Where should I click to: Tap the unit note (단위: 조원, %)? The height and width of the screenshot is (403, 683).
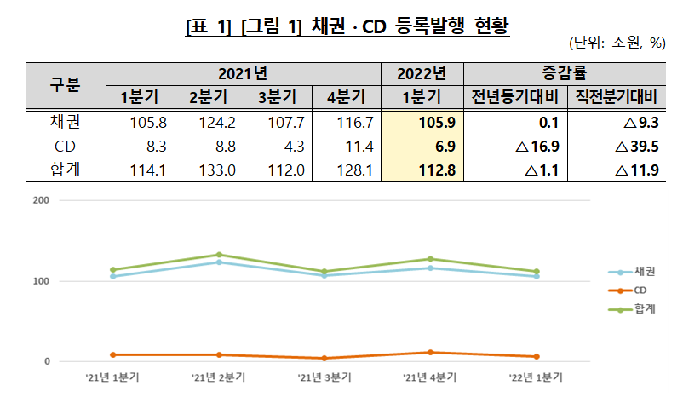[x=616, y=44]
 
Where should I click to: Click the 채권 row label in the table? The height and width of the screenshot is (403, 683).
[x=65, y=123]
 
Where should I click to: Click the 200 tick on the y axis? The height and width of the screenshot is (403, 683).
[x=41, y=201]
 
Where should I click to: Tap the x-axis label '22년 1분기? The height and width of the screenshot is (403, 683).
[x=537, y=377]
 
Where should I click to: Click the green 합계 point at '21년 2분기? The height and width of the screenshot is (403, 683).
[x=219, y=255]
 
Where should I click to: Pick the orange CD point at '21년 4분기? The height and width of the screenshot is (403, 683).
[x=430, y=352]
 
